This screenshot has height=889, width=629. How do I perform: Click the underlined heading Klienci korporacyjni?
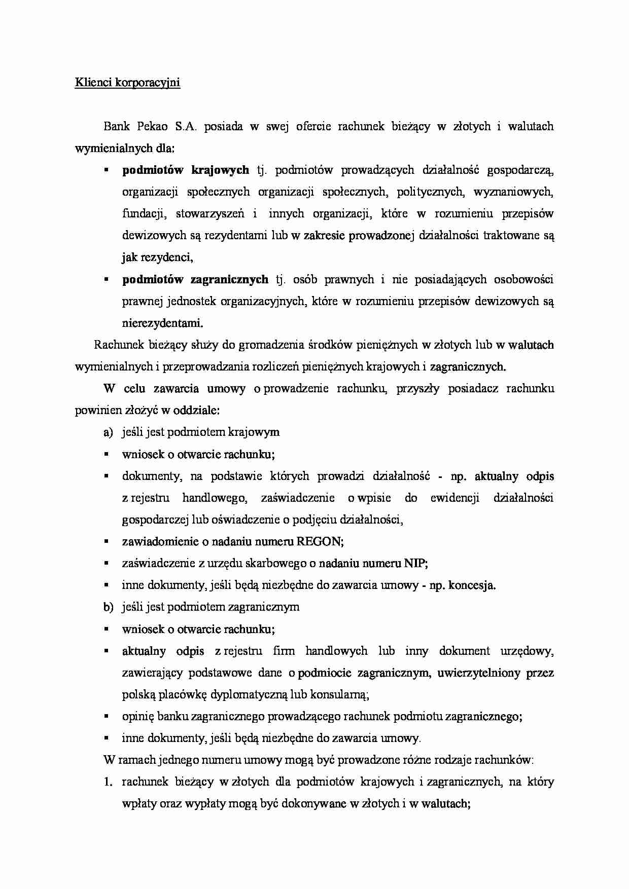tap(127, 82)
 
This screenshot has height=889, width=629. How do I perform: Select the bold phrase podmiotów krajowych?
tap(186, 170)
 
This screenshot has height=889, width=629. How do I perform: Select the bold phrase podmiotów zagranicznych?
tap(195, 279)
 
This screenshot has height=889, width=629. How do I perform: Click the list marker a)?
tap(108, 432)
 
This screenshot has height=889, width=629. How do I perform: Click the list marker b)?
tap(108, 607)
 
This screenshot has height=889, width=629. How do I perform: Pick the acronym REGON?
tap(319, 541)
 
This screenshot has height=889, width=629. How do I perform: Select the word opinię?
tap(138, 717)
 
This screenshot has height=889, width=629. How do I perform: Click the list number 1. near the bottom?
tap(108, 782)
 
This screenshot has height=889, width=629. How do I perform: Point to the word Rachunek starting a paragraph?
tap(119, 345)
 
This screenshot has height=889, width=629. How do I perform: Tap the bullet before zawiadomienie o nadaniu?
tap(107, 541)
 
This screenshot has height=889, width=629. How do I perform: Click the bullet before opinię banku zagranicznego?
tap(107, 717)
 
